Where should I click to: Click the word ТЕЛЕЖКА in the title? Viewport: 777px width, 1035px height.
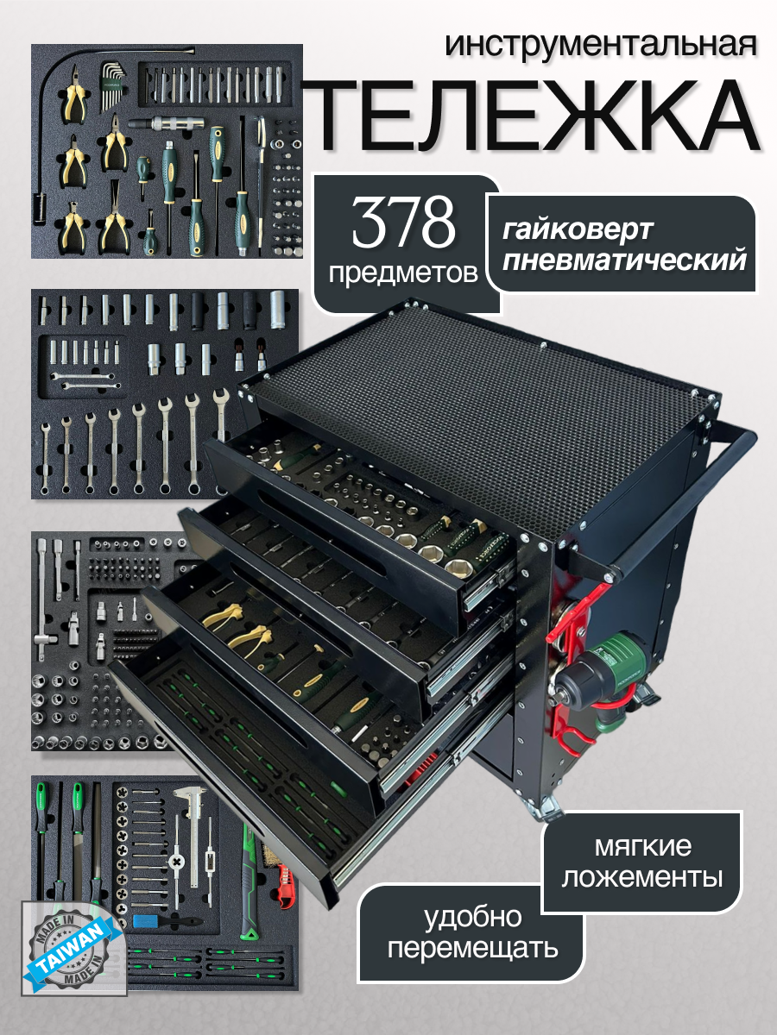(534, 115)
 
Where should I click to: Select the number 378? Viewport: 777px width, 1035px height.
(404, 223)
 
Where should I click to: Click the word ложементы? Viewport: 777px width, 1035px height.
(642, 879)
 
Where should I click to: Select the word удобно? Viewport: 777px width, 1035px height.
(471, 916)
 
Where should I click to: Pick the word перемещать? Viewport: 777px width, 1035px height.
(471, 950)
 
